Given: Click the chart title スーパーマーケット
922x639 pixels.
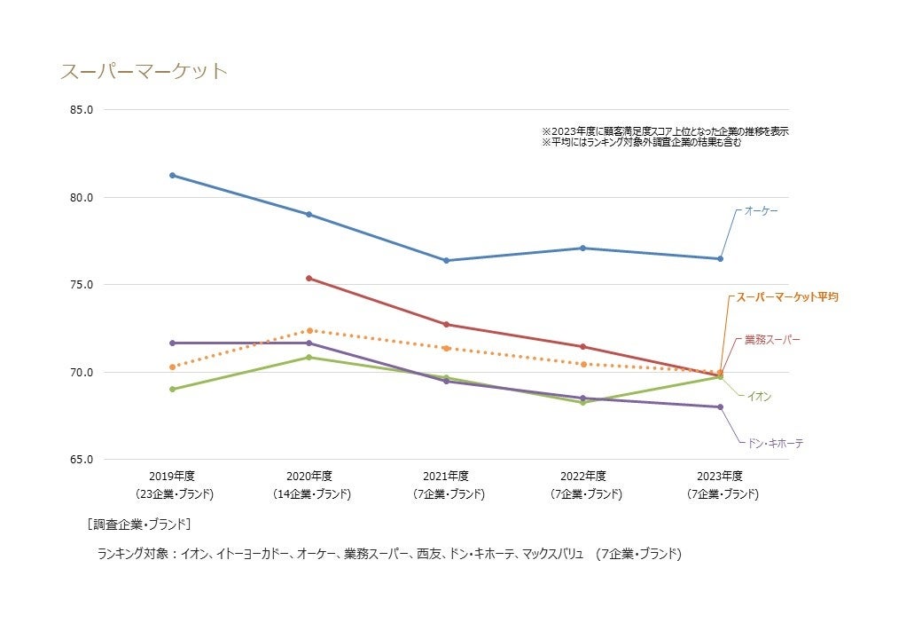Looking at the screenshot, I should [x=144, y=72].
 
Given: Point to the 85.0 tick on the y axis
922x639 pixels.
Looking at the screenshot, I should [x=82, y=110].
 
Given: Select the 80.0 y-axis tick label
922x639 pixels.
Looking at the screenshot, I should [x=82, y=197].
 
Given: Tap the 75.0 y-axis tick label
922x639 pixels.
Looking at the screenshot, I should [x=82, y=285].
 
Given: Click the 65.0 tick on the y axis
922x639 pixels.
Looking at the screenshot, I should [x=82, y=460].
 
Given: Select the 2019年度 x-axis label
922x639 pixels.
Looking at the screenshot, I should [x=173, y=476].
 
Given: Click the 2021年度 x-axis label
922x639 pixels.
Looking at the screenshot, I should [x=446, y=476].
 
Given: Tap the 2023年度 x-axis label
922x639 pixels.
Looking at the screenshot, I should [x=720, y=476].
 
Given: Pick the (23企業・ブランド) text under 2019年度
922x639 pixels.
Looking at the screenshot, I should [x=173, y=494].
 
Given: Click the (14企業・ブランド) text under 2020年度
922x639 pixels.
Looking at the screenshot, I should [x=309, y=494].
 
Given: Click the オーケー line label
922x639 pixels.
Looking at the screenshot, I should [x=761, y=210].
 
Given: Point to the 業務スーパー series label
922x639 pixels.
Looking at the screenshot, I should [x=771, y=340].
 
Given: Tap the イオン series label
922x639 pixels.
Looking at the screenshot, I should [x=759, y=397].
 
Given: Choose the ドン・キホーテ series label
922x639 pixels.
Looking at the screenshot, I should [x=773, y=443].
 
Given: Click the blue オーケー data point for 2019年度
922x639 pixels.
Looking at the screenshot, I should [x=173, y=175].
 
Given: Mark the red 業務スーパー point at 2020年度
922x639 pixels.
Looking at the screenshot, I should [x=309, y=279].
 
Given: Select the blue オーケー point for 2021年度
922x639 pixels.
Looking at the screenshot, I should [x=446, y=260].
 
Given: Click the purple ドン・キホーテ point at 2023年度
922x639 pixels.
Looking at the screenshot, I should [x=720, y=407].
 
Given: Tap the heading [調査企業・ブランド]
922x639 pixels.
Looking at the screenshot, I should [x=139, y=524].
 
